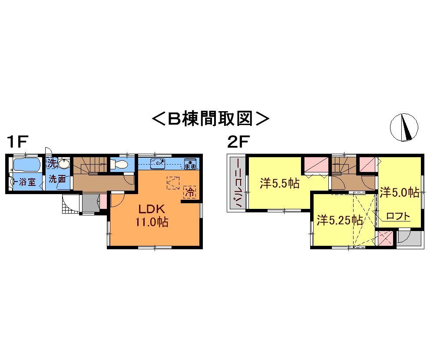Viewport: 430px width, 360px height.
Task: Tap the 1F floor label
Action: coord(17,142)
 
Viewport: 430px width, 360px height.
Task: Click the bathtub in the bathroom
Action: coord(26,165)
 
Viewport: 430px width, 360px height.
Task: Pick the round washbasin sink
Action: coord(64,164)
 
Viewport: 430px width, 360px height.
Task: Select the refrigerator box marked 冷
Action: coord(189,192)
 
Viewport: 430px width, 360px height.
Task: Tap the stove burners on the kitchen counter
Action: coord(190,164)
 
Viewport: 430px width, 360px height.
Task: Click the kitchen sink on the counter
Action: coord(157,164)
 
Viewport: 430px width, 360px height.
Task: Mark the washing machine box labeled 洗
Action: coord(51,164)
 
